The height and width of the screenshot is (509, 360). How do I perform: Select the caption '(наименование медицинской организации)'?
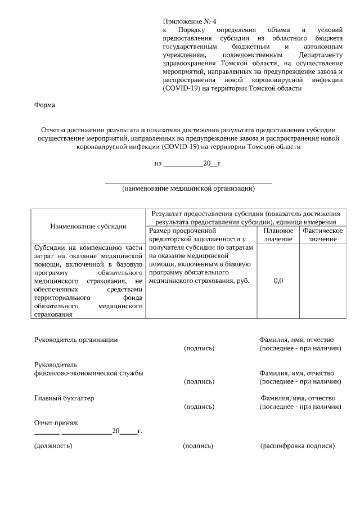point(188,188)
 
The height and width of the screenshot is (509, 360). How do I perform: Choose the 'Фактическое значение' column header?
point(322,235)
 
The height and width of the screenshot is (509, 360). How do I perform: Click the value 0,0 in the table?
point(278,281)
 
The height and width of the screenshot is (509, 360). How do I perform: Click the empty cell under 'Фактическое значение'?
point(322,281)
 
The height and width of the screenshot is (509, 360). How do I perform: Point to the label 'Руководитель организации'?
point(76,340)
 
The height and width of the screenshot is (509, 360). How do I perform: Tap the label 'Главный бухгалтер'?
point(64,398)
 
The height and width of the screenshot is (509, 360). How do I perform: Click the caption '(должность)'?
point(53,446)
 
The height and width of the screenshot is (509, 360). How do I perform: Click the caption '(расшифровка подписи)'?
point(298,446)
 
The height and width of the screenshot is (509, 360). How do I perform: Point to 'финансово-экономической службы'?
point(88,373)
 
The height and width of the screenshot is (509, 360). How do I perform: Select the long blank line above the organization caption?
point(188,183)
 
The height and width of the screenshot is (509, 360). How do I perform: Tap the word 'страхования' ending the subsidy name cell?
point(53,315)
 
